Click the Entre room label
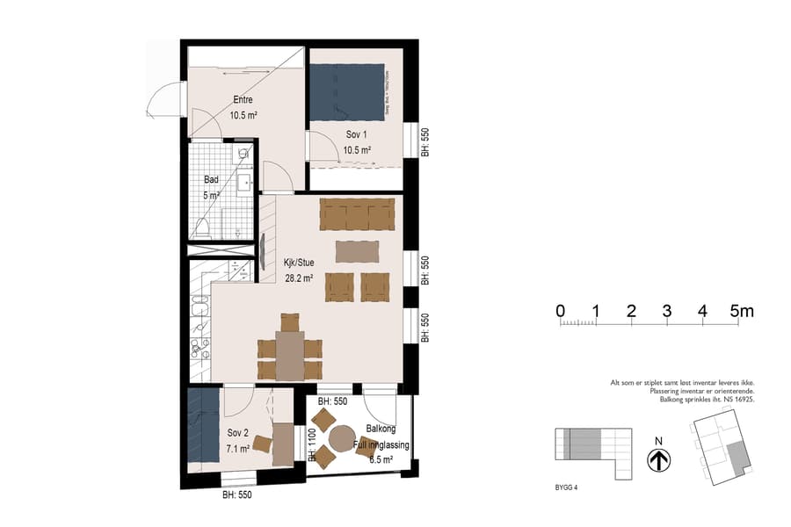pyautogui.click(x=243, y=99)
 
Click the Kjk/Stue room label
pyautogui.click(x=298, y=262)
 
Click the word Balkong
pyautogui.click(x=381, y=430)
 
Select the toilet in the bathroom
pyautogui.click(x=202, y=229)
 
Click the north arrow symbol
pyautogui.click(x=658, y=459)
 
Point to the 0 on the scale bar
pyautogui.click(x=560, y=311)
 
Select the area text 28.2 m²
pyautogui.click(x=298, y=277)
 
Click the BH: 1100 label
pyautogui.click(x=312, y=444)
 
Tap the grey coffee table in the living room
pyautogui.click(x=359, y=251)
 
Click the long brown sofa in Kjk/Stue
pyautogui.click(x=357, y=213)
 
